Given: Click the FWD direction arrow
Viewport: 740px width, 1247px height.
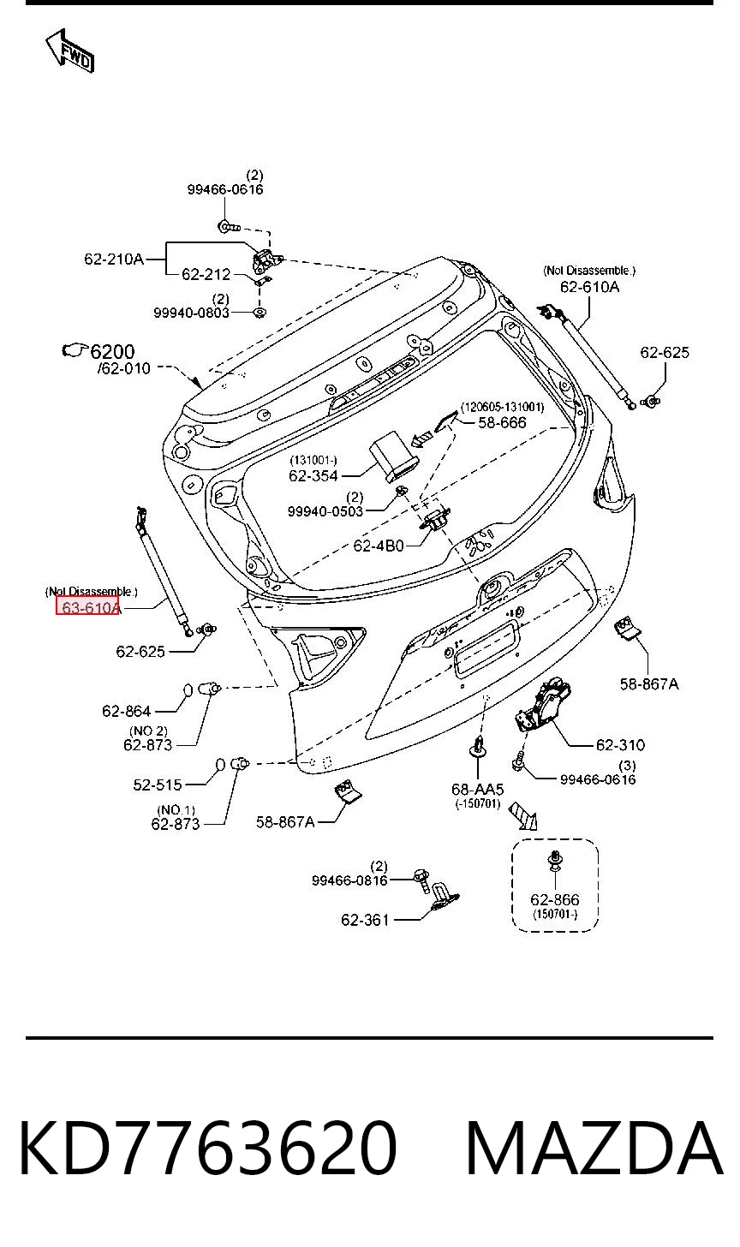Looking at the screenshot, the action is tap(70, 51).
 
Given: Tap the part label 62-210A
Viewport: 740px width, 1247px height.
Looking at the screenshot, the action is tap(114, 259).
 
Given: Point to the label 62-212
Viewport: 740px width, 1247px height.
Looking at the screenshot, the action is tap(206, 274).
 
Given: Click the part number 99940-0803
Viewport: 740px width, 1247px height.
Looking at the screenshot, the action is tap(192, 313).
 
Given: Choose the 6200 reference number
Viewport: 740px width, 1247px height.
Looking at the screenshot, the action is tap(112, 351).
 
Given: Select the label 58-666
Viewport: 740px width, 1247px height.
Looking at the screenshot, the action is tap(502, 422).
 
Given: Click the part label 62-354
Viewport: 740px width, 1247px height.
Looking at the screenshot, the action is tap(313, 475).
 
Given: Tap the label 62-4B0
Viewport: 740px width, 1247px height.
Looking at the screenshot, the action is tap(379, 546).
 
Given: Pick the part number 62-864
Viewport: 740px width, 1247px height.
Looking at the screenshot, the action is tap(127, 711).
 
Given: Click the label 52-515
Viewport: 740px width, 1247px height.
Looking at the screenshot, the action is tap(158, 785).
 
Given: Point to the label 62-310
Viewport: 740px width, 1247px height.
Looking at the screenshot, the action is tap(620, 745).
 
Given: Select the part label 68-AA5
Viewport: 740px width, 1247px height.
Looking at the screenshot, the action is tap(478, 790).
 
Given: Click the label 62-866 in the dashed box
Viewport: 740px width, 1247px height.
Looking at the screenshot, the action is tap(555, 899).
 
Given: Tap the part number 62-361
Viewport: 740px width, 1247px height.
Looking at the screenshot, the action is tap(365, 920).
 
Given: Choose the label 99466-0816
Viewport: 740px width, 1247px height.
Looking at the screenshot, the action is tap(349, 880).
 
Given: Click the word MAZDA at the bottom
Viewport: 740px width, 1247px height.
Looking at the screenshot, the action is tap(594, 1149).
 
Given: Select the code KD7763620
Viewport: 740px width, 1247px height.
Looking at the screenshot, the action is tap(208, 1149).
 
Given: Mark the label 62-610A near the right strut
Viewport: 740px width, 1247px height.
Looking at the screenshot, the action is tap(589, 287).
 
